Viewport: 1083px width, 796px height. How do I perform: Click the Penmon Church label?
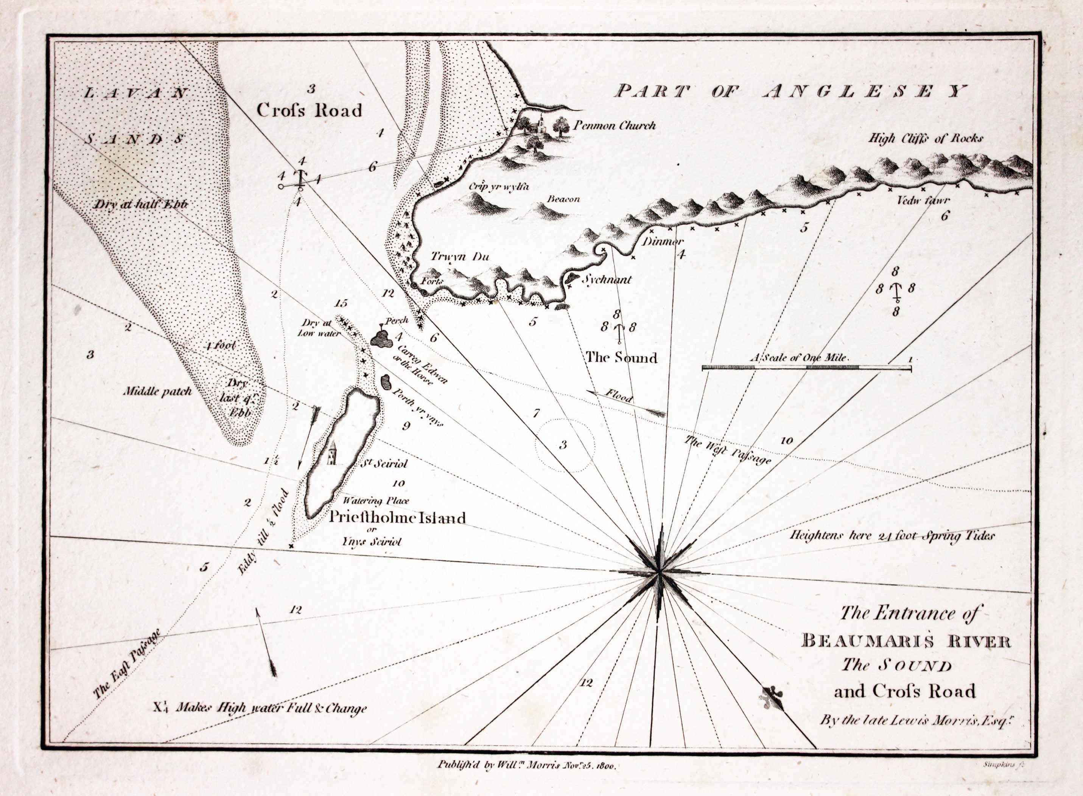coord(614,126)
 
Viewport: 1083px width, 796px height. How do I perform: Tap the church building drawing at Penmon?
coord(539,125)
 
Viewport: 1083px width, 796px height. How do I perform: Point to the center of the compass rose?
coord(659,572)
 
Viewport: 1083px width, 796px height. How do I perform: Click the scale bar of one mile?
coord(806,368)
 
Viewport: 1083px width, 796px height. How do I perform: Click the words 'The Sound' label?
coord(621,357)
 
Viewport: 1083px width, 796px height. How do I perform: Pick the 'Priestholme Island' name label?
coord(397,518)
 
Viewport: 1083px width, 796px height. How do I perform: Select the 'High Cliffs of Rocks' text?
coord(926,139)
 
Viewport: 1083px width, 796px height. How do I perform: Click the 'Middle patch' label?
coord(157,391)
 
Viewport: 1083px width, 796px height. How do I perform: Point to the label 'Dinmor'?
coord(662,242)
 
